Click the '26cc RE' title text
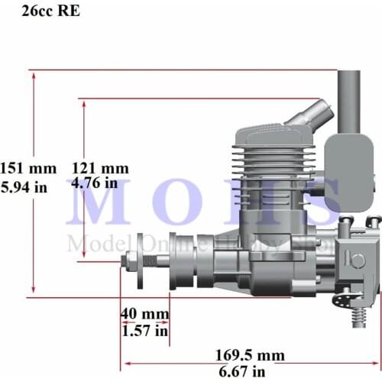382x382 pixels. [x=55, y=11]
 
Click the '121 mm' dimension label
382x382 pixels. [x=100, y=168]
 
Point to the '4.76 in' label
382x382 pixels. [x=95, y=183]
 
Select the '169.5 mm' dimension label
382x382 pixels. [x=249, y=355]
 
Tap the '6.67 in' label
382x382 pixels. [x=243, y=371]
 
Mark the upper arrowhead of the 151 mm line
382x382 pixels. [x=34, y=74]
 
